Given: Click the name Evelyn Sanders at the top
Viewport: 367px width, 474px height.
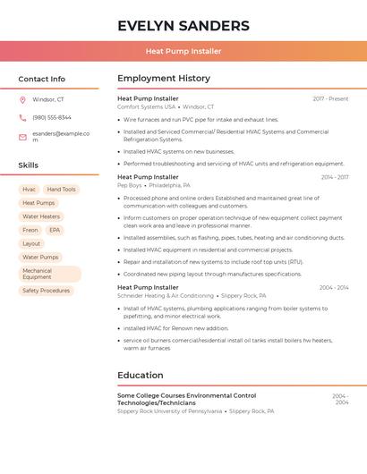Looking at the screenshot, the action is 183,25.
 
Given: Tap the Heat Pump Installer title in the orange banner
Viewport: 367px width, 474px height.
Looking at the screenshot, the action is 183,51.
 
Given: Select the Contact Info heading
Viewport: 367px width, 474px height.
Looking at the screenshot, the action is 41,79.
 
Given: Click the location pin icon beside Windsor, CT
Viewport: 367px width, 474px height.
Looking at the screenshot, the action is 22,100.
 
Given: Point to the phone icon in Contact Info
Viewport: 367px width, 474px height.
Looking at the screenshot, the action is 22,118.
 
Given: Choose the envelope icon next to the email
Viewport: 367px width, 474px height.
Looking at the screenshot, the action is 22,137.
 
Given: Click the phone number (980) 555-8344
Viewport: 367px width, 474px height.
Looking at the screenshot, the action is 52,118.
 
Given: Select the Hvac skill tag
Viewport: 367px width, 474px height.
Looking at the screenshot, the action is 30,190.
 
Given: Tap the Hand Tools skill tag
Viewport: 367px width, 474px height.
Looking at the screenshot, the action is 62,190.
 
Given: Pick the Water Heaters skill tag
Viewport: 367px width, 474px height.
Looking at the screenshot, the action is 41,216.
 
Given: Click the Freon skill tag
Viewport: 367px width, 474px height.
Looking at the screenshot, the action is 30,230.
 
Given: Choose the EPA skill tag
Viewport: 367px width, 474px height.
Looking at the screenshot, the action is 55,230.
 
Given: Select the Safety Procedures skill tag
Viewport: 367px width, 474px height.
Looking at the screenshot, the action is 46,291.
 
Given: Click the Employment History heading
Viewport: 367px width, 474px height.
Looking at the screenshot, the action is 164,79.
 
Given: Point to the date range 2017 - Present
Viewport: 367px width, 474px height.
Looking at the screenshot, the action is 330,98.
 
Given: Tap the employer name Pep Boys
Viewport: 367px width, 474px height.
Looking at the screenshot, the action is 129,185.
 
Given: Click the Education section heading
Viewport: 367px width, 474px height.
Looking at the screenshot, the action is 140,376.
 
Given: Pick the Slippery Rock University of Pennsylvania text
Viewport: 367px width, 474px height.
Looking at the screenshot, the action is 169,411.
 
